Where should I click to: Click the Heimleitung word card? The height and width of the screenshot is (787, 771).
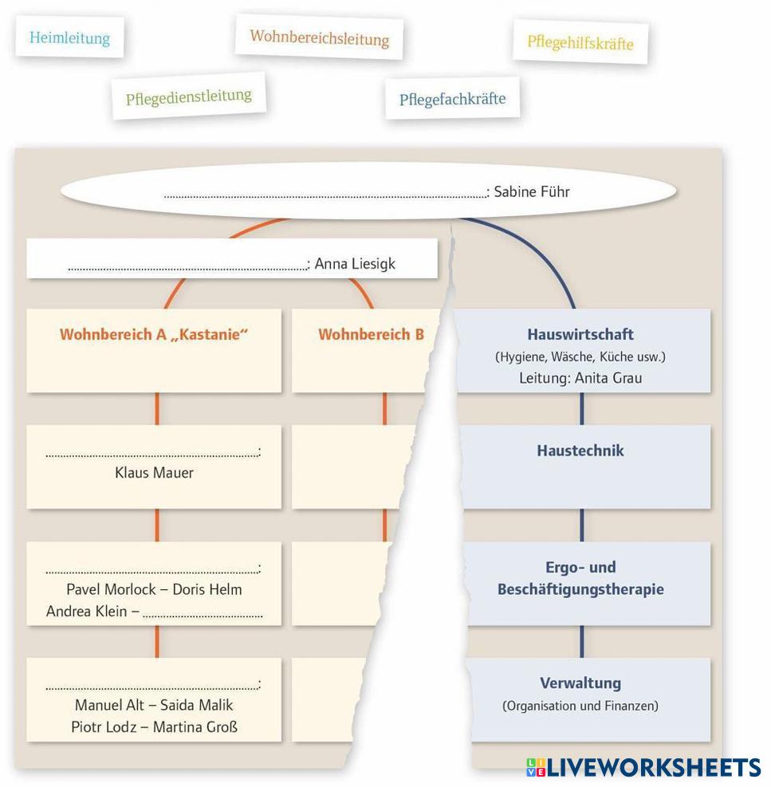pos(69,37)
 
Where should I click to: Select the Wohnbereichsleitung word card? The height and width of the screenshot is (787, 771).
pos(319,37)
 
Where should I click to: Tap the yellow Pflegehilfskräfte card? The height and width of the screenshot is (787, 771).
pos(580,42)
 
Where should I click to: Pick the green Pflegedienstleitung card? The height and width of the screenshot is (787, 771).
pos(188,97)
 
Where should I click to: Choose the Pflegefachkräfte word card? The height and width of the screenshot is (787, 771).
pos(452,99)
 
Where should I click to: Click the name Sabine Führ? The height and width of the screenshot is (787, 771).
pos(532,191)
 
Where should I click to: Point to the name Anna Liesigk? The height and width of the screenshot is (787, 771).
pos(355,263)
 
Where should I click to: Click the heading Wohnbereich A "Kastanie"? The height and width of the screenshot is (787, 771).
pos(154,334)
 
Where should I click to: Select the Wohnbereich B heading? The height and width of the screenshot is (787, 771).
pos(371,334)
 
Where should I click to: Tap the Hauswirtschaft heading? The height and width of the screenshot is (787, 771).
pos(580,334)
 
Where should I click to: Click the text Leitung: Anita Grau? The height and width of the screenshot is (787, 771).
pos(580,378)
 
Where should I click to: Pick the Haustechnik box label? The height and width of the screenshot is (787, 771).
pos(580,451)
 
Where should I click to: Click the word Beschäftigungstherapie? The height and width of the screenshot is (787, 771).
pos(580,590)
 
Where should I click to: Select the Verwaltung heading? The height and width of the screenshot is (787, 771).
pos(580,683)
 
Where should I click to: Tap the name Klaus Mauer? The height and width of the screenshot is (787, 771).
pos(154,473)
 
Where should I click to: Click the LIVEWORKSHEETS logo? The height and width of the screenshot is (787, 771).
pos(643,767)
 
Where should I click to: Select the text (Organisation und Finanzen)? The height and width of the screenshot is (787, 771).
pos(580,706)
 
